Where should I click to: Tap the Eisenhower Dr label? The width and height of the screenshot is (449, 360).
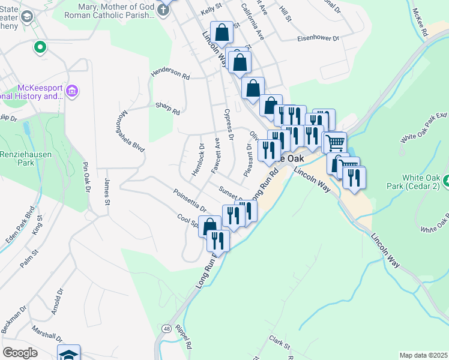click(x=318, y=38)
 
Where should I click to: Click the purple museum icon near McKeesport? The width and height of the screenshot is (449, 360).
click(x=72, y=91)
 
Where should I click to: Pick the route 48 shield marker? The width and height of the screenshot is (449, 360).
click(x=166, y=328)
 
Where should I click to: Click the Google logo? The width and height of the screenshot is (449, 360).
click(x=20, y=353)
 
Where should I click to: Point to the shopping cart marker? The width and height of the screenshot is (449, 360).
click(x=336, y=143)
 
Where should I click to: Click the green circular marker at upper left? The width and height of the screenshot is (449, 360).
click(x=40, y=46)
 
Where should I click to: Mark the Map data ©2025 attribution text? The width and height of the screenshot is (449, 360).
click(x=423, y=355)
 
